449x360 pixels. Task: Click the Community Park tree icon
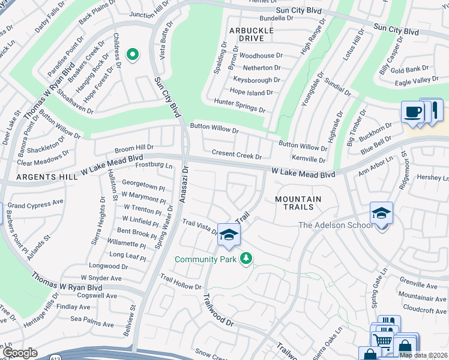click(x=246, y=259)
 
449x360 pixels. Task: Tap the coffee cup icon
click(x=412, y=112)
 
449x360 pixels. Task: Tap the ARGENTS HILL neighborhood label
click(x=47, y=177)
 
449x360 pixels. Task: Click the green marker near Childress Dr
click(x=132, y=55)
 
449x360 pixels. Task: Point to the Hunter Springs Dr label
click(x=240, y=105)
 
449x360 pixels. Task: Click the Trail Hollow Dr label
click(x=181, y=282)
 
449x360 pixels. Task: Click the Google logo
click(x=20, y=353)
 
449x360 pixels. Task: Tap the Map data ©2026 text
click(x=423, y=355)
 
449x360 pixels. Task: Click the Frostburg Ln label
click(x=154, y=166)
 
